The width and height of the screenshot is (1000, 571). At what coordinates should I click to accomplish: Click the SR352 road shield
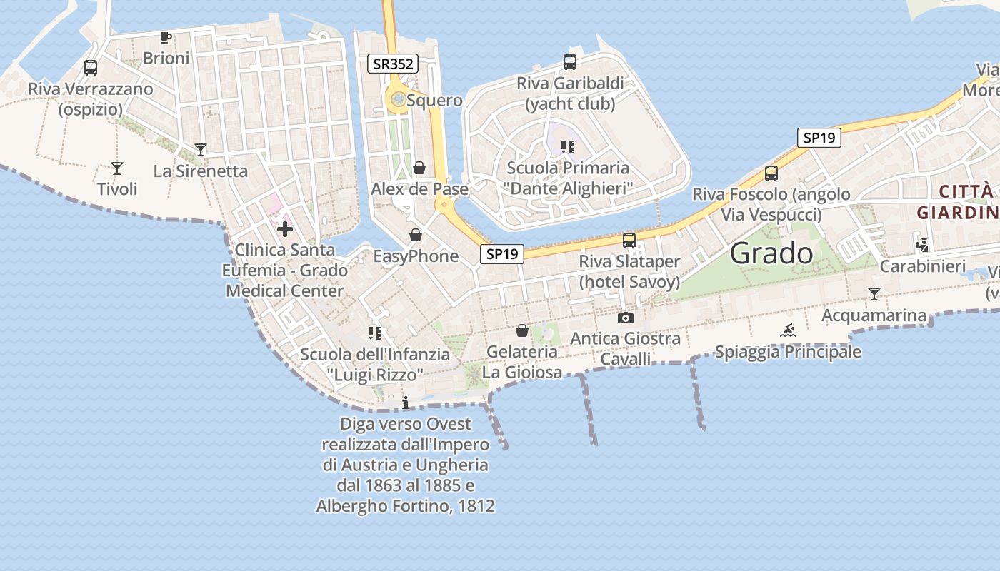[x=393, y=64]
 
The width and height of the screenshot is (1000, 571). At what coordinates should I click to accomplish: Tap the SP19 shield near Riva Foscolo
[x=819, y=138]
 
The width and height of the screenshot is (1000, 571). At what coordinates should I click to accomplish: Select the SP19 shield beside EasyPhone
[x=501, y=253]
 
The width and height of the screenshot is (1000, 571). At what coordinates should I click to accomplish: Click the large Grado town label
[x=771, y=253]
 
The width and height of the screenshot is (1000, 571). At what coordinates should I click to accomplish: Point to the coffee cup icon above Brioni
[x=166, y=37]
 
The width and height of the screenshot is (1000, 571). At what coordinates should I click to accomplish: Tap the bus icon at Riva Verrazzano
[x=91, y=68]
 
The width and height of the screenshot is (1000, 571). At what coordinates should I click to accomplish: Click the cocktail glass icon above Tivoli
[x=117, y=168]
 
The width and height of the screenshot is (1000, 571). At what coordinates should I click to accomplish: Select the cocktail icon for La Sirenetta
[x=201, y=150]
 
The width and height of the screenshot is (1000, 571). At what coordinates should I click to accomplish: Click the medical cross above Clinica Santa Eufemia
[x=285, y=229]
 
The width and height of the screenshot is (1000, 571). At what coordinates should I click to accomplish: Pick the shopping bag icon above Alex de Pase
[x=419, y=168]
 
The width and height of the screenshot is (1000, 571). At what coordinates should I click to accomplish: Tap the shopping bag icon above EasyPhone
[x=415, y=235]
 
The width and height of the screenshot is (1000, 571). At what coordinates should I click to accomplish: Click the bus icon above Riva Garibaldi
[x=569, y=62]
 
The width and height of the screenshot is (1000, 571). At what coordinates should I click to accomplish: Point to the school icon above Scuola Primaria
[x=568, y=147]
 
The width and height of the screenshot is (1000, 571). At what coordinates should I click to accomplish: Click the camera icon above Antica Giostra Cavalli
[x=625, y=318]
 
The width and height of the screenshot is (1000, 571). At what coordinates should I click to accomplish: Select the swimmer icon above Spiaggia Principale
[x=788, y=330]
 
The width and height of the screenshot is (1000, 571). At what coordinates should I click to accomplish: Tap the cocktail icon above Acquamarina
[x=874, y=293]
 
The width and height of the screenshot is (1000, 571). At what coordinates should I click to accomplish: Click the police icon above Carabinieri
[x=922, y=245]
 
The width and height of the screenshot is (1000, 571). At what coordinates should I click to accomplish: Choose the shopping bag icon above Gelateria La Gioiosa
[x=522, y=330]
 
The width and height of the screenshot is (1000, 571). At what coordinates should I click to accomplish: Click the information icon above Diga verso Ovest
[x=406, y=403]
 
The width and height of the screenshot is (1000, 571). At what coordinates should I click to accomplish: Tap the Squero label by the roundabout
[x=434, y=101]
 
